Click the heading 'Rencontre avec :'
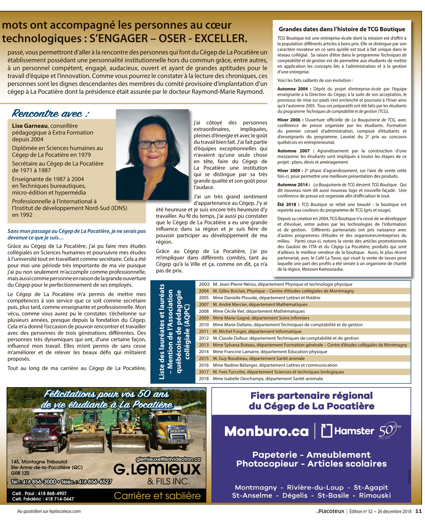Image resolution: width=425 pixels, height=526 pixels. coord(51,113)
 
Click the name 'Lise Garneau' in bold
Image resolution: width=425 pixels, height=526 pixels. coord(30,126)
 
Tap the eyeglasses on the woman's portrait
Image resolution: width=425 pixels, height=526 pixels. coord(151,144)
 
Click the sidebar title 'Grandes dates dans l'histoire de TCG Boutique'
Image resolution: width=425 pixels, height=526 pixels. coord(342,29)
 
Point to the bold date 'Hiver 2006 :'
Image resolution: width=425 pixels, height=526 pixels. coord(290,120)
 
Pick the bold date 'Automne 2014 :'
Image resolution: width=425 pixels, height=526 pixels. coord(293,185)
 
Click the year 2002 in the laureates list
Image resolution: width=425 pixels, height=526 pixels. coord(204,284)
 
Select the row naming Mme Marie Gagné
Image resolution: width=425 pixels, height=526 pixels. coord(261,318)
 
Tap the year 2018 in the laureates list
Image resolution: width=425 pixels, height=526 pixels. coord(204,379)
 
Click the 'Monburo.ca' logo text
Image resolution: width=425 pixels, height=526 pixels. coord(266,431)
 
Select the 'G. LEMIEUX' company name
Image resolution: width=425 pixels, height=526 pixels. coord(157,469)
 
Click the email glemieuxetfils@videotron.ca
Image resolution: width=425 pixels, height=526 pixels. coord(168,459)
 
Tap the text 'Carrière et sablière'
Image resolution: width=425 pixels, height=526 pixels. coord(157,495)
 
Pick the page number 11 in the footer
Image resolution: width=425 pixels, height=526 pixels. coord(418,512)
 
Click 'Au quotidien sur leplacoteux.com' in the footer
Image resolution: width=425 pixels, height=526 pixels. coord(49,512)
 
